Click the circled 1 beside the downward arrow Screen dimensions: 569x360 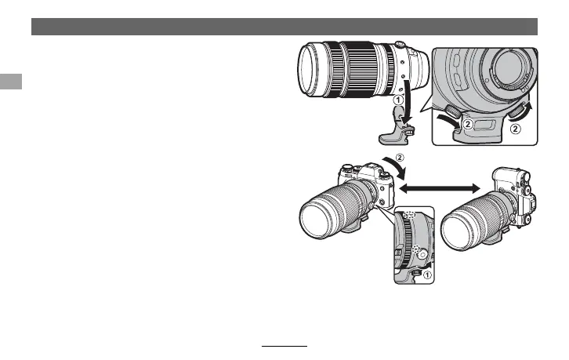click(x=398, y=100)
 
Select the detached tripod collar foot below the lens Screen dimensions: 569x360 click(x=397, y=125)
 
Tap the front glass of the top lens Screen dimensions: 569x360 click(x=307, y=69)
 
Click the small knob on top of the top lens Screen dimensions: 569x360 click(x=400, y=45)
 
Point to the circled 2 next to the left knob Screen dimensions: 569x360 click(x=468, y=125)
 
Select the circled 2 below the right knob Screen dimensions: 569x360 click(x=515, y=129)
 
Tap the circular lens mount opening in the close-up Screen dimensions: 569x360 click(x=511, y=68)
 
